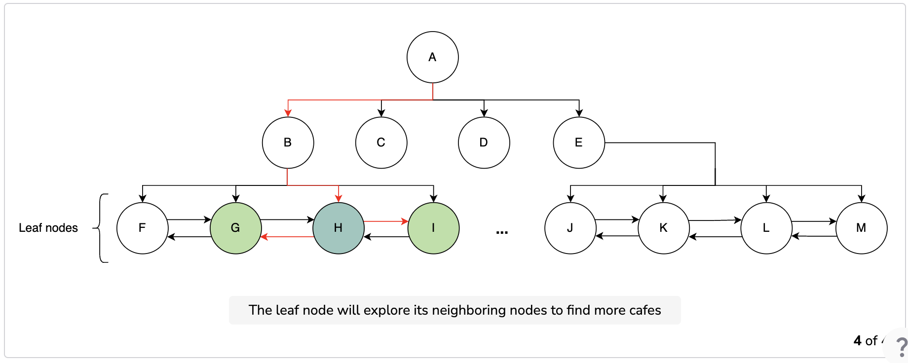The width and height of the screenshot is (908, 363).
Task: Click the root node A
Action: (433, 57)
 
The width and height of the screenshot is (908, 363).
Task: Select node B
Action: (288, 143)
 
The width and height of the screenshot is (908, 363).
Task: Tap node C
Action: (381, 143)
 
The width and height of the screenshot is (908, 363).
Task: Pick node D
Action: (484, 143)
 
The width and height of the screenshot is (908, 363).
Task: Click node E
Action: (579, 143)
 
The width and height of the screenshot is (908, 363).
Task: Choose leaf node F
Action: (142, 228)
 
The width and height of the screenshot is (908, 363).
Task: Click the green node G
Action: (235, 228)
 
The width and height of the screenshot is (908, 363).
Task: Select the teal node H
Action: (338, 228)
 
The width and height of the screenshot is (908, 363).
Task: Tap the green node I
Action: (433, 228)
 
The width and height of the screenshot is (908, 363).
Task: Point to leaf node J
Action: (570, 228)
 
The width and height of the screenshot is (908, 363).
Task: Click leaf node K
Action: (663, 228)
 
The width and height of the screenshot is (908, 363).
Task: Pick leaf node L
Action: (766, 228)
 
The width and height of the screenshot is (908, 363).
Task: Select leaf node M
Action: (861, 228)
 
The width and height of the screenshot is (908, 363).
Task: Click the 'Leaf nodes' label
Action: (48, 228)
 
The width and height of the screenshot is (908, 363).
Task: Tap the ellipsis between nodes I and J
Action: (502, 232)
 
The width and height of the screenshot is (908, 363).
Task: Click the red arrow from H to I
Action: (386, 221)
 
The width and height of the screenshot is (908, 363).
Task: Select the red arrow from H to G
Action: (287, 237)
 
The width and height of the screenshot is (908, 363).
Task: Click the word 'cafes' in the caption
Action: (644, 310)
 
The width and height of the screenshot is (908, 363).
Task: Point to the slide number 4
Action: (858, 341)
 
